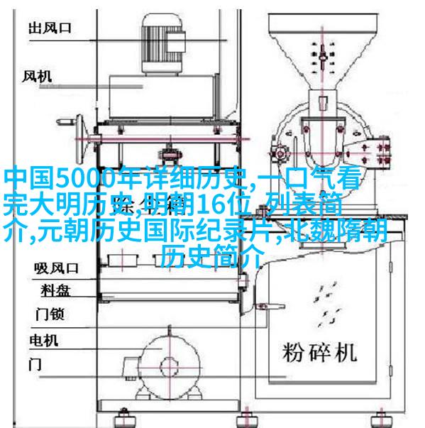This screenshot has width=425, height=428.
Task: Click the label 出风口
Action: click(50, 28)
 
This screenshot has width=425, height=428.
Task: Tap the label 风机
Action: click(37, 76)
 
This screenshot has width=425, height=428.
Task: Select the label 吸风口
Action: click(57, 268)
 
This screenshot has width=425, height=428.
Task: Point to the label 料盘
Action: click(56, 290)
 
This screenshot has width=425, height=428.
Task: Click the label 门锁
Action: click(50, 314)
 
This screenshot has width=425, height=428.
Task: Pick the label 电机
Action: click(44, 341)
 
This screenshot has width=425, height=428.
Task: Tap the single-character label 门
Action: click(35, 364)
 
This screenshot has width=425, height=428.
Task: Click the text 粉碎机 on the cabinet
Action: click(319, 352)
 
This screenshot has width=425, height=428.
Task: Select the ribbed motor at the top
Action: click(163, 44)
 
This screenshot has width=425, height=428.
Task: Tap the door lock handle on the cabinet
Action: click(270, 307)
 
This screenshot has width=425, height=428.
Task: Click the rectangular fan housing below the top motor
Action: click(163, 97)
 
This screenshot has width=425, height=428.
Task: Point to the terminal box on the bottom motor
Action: click(131, 367)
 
